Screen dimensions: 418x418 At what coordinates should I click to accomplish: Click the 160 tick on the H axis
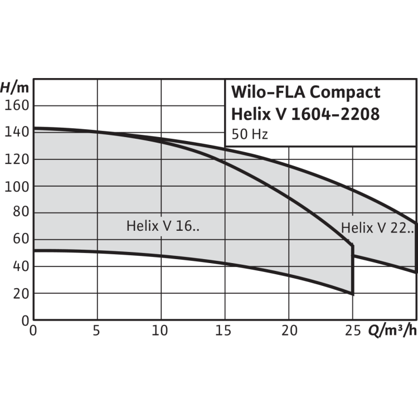click(x=17, y=105)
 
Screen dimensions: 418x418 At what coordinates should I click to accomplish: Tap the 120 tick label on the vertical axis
click(x=17, y=159)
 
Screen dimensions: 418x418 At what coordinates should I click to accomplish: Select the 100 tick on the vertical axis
click(x=17, y=186)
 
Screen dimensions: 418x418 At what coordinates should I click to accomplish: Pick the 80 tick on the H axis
click(x=21, y=213)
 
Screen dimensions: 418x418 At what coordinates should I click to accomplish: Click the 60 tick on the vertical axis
click(x=21, y=240)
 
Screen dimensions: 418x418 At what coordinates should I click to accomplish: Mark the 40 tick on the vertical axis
click(x=21, y=266)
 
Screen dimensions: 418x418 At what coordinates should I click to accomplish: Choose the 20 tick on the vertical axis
click(x=21, y=293)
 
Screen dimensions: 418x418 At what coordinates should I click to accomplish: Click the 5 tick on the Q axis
click(x=97, y=330)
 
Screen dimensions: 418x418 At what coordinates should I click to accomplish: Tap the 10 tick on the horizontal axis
click(x=161, y=330)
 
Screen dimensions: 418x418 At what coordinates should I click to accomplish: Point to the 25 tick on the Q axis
click(x=353, y=330)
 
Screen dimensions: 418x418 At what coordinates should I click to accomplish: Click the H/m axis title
click(x=14, y=88)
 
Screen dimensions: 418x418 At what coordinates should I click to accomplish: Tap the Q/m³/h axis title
click(x=391, y=330)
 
